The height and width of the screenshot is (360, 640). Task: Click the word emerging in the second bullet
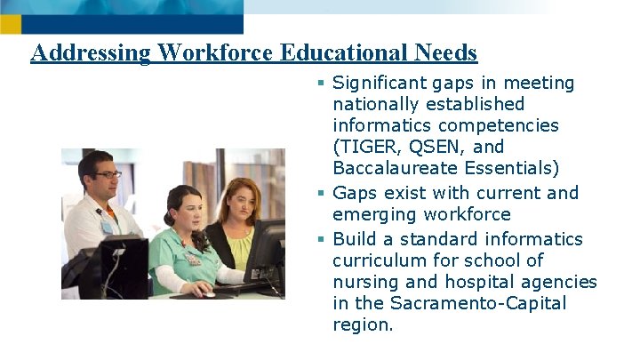coord(373,214)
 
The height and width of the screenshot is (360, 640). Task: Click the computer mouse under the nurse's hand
coord(209,292)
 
